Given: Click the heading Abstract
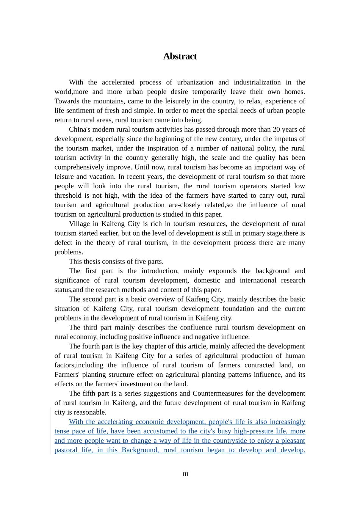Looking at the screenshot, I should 180,56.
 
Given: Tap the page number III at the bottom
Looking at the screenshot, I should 185,474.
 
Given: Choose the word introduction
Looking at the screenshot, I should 161,271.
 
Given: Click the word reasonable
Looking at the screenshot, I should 91,412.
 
